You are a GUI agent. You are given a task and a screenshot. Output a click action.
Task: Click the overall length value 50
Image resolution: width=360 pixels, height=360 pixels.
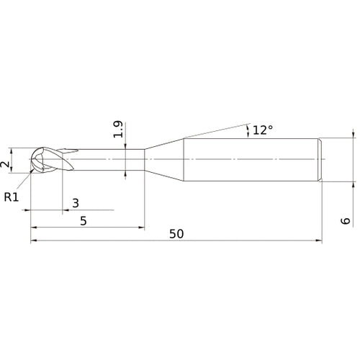[x=176, y=234]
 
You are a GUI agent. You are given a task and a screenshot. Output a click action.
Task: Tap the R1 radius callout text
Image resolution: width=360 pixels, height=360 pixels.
[x=12, y=196]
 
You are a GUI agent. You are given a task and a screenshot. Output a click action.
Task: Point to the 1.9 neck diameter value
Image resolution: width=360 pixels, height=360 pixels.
[x=119, y=130]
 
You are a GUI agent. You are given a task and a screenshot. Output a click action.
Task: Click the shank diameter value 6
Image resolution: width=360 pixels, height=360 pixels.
[x=346, y=220]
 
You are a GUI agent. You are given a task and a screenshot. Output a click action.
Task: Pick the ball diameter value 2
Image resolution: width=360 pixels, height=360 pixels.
[x=6, y=165]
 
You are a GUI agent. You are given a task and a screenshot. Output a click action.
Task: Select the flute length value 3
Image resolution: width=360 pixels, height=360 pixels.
[x=76, y=203]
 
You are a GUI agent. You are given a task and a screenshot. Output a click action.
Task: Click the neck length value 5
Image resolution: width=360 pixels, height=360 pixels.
[x=84, y=221]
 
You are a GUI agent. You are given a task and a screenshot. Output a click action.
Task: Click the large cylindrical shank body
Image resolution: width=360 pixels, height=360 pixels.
[x=252, y=158]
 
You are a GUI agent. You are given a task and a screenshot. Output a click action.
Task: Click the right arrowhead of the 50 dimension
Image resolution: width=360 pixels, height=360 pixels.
[x=318, y=242]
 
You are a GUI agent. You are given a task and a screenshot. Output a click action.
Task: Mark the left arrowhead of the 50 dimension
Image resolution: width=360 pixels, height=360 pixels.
[x=33, y=242]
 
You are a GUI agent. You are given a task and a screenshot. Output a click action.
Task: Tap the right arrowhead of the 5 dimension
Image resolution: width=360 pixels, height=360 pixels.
[x=141, y=228]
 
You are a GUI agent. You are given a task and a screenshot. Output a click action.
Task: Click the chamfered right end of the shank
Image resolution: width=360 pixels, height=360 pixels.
[x=320, y=158]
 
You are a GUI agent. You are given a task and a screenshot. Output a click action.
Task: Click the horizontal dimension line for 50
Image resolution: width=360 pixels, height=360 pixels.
[x=216, y=242]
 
